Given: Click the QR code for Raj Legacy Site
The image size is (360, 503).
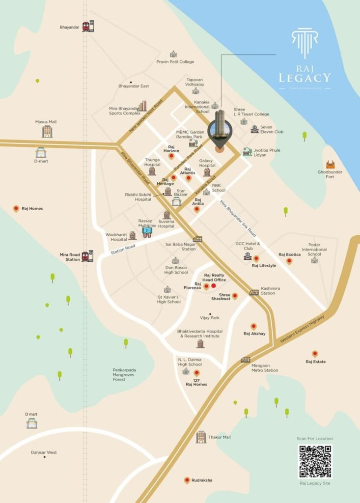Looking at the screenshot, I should click(315, 461).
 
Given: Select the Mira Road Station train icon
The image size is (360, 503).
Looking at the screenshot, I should click(87, 256).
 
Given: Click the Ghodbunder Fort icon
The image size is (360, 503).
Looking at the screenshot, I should click(330, 165).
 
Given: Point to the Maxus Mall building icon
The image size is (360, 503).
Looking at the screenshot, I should click(47, 131).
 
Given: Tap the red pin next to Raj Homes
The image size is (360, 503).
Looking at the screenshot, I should click(16, 208).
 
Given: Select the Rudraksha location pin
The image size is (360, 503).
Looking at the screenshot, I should click(187, 480).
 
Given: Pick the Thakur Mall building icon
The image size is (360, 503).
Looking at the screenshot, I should click(201, 437).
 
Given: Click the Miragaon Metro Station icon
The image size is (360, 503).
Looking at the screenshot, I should click(246, 360).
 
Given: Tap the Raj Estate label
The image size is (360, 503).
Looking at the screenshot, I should click(315, 362).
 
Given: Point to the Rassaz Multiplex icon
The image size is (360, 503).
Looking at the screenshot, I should click(147, 231).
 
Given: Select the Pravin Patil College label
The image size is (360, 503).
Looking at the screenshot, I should click(175, 62).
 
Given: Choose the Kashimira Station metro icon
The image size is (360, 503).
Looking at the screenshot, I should click(254, 292).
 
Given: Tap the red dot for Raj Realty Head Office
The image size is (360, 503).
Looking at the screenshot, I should click(214, 285).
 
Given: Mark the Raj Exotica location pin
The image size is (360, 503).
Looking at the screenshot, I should click(289, 260).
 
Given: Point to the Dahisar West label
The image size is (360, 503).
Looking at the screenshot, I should click(44, 452).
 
